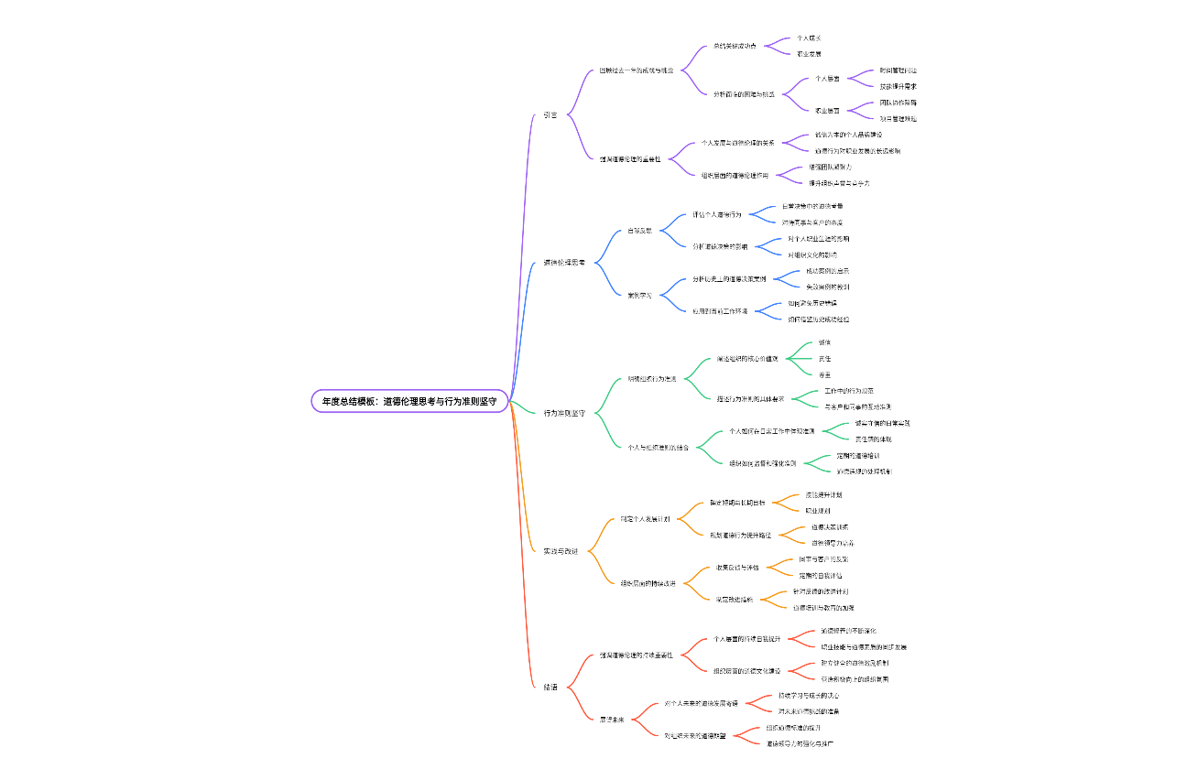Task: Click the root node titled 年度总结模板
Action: click(x=409, y=401)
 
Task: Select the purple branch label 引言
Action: click(x=550, y=114)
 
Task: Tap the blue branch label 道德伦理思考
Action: click(x=563, y=263)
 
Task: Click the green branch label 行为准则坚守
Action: click(x=564, y=413)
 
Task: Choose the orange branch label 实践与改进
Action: click(x=561, y=551)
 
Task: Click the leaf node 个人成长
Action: click(x=808, y=38)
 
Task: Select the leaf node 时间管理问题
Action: click(x=898, y=70)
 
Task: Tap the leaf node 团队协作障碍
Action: click(x=898, y=103)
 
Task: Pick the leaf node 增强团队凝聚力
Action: click(x=830, y=168)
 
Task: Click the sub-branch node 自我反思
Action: click(x=640, y=231)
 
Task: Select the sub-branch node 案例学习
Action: click(x=639, y=295)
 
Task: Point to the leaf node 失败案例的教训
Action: click(x=827, y=287)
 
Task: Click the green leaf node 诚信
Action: click(x=824, y=342)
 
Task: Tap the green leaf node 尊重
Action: click(x=824, y=374)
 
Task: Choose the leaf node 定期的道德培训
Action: click(x=858, y=455)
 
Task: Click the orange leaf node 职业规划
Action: click(x=817, y=510)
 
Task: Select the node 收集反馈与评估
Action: click(x=737, y=568)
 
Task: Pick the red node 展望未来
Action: click(x=612, y=720)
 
